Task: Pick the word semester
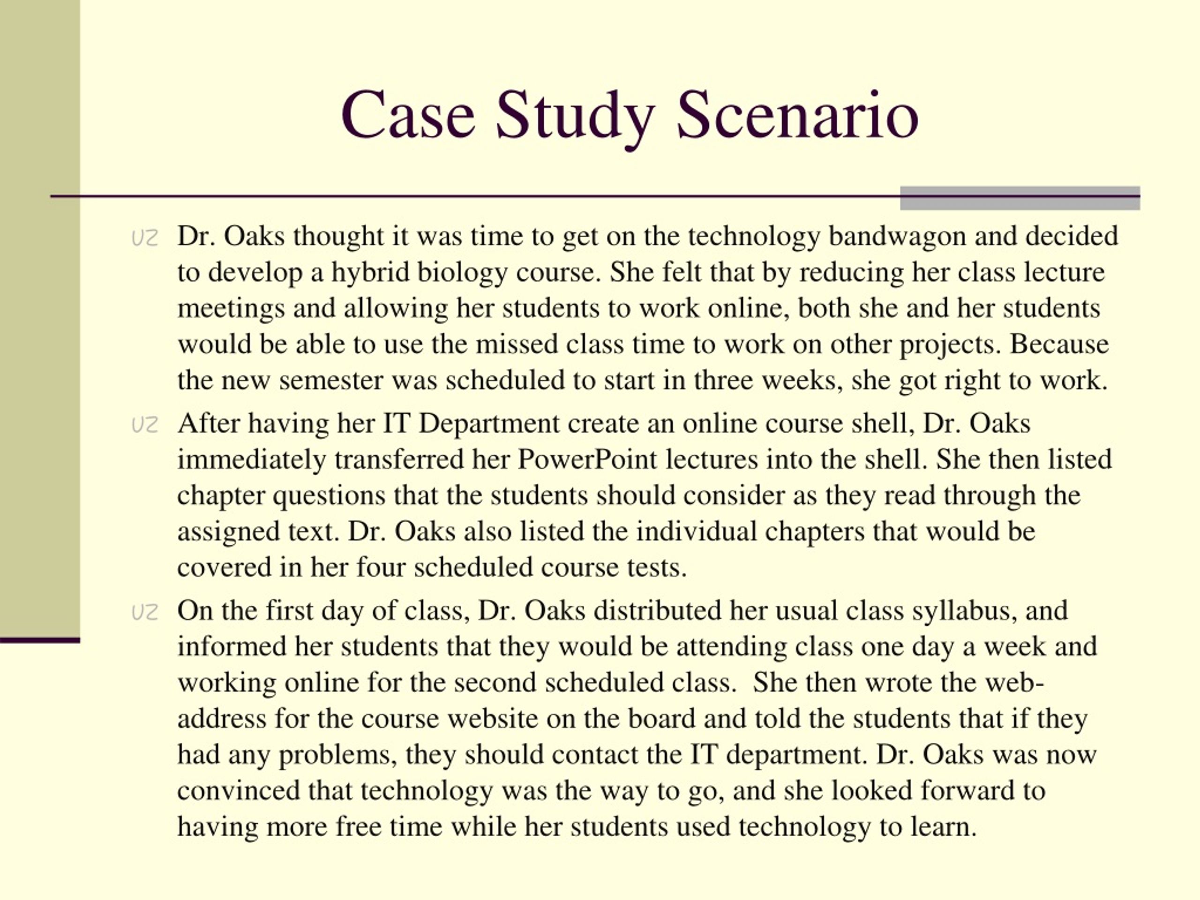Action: pos(331,380)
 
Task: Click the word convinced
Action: pos(238,790)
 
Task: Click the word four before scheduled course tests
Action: pos(381,568)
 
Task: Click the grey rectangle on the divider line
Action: pos(1020,198)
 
